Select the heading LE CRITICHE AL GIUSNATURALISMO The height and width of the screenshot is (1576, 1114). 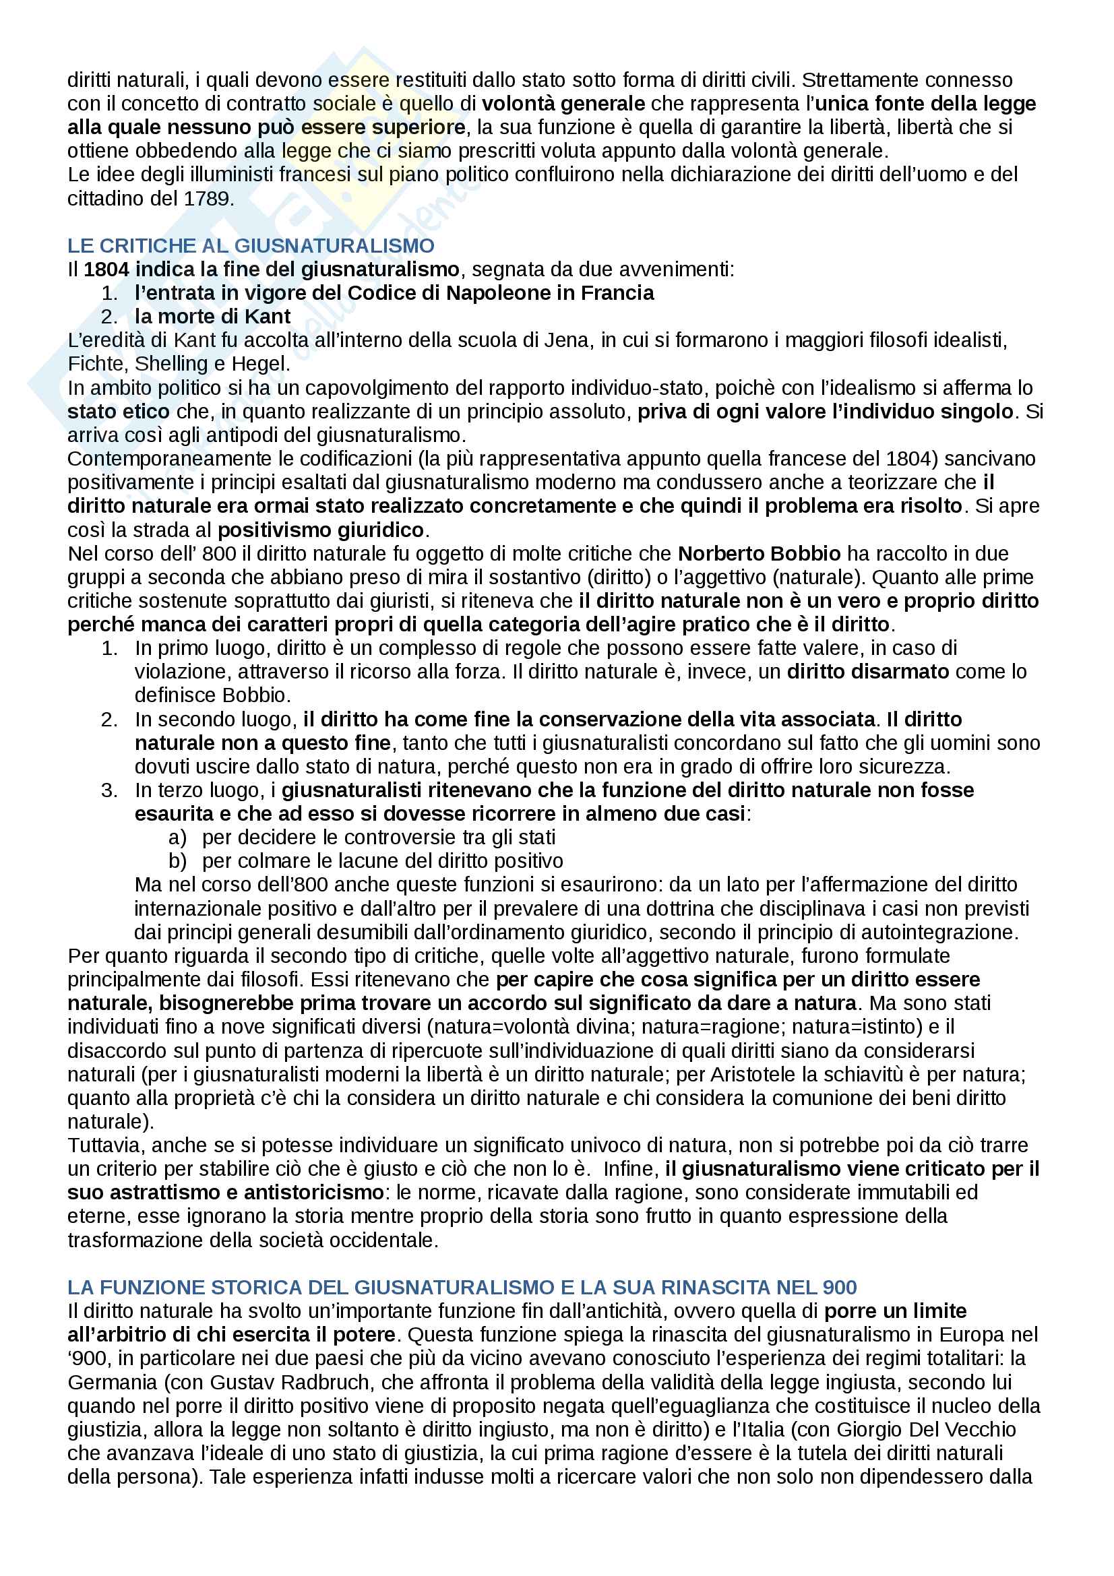[x=251, y=246]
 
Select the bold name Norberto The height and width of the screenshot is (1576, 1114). [x=721, y=553]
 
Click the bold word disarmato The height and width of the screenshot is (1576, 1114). [x=867, y=671]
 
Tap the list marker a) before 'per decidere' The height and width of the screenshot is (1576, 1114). [x=177, y=838]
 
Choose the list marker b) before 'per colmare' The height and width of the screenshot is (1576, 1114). [x=177, y=860]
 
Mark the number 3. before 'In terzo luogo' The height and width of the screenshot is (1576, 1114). [x=109, y=790]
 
